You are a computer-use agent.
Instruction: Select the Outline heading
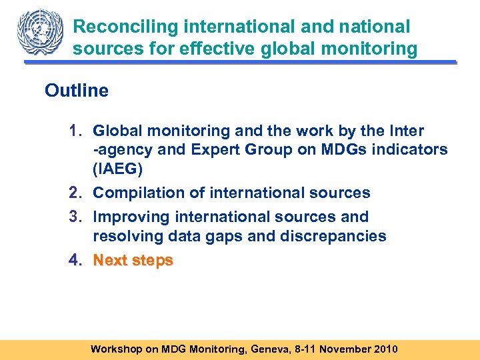(x=77, y=91)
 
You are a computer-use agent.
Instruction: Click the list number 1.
(x=75, y=131)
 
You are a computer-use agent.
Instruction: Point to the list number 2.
(x=75, y=193)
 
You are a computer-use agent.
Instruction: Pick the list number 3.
(x=75, y=217)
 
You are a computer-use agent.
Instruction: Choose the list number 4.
(x=75, y=261)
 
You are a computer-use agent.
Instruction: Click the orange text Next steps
(x=133, y=261)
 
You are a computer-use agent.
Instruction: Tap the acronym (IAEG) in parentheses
(x=117, y=169)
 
